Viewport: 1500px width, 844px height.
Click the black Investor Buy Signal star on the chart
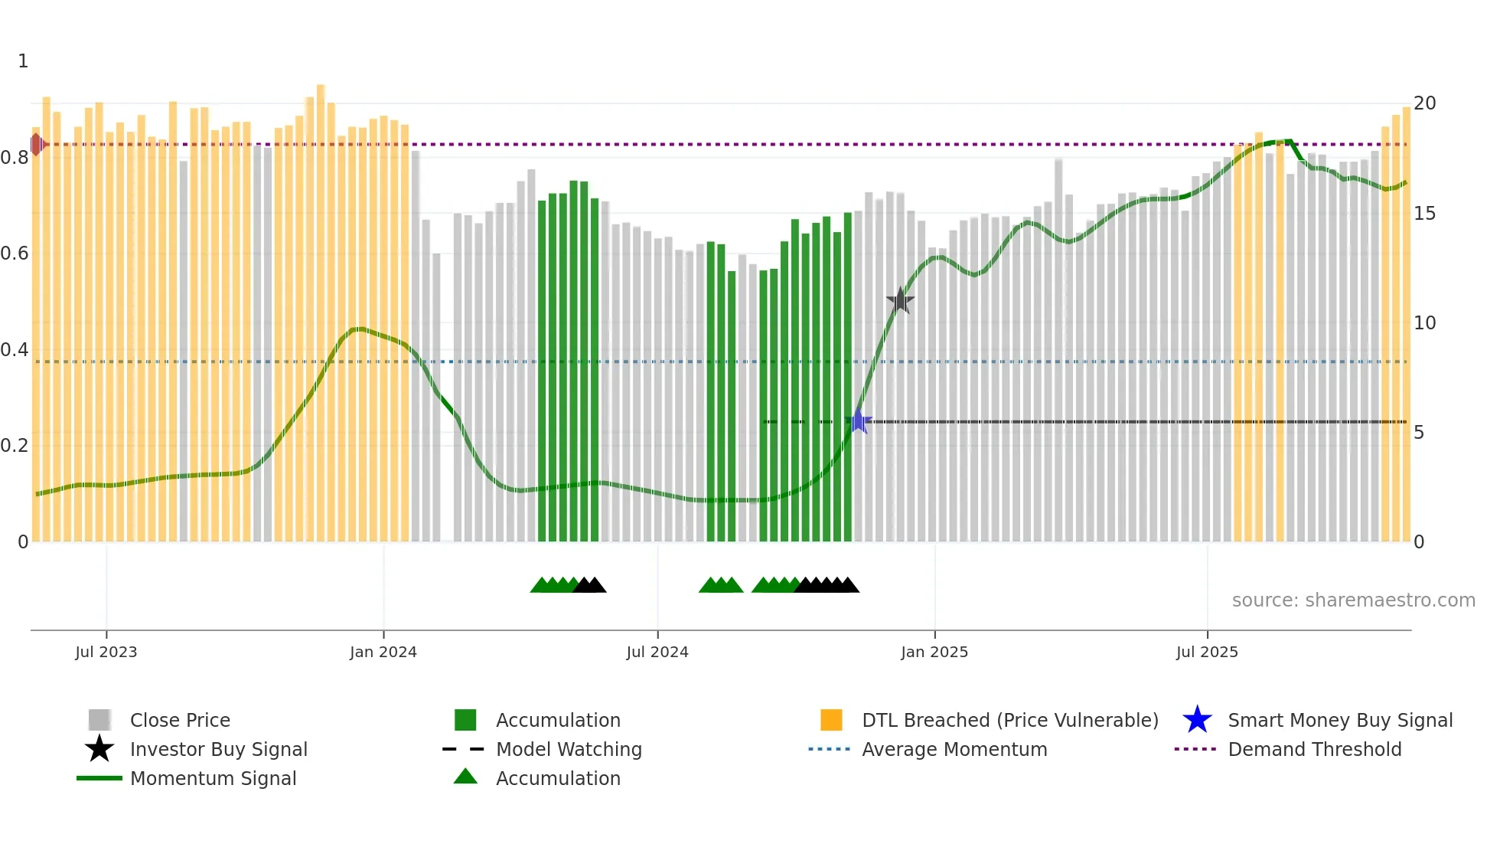pyautogui.click(x=900, y=301)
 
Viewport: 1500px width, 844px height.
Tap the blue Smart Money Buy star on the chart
pyautogui.click(x=859, y=421)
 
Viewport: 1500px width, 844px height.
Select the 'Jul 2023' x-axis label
pyautogui.click(x=106, y=652)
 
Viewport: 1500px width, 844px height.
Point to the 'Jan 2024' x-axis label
pyautogui.click(x=383, y=652)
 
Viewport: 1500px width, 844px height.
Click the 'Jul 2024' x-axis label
pyautogui.click(x=657, y=652)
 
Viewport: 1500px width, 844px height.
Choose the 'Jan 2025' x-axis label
pyautogui.click(x=934, y=652)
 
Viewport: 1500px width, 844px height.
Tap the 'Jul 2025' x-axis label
pyautogui.click(x=1207, y=652)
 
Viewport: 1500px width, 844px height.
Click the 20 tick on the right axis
pyautogui.click(x=1424, y=103)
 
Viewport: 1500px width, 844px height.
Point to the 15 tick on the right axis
pyautogui.click(x=1424, y=214)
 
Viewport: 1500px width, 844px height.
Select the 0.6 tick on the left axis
pyautogui.click(x=15, y=254)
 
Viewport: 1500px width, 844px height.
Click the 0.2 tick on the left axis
pyautogui.click(x=15, y=446)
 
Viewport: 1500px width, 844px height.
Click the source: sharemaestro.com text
pyautogui.click(x=1353, y=600)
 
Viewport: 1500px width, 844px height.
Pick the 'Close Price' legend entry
pyautogui.click(x=180, y=721)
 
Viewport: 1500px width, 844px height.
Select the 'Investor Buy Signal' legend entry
pyautogui.click(x=218, y=750)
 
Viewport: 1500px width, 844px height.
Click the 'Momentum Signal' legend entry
pyautogui.click(x=213, y=779)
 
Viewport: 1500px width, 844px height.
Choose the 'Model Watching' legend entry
pyautogui.click(x=569, y=750)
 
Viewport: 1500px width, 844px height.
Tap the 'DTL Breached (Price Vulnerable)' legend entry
pyautogui.click(x=1009, y=721)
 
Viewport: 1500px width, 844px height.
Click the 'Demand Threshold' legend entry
pyautogui.click(x=1314, y=750)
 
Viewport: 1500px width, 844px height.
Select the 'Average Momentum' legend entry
pyautogui.click(x=954, y=750)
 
